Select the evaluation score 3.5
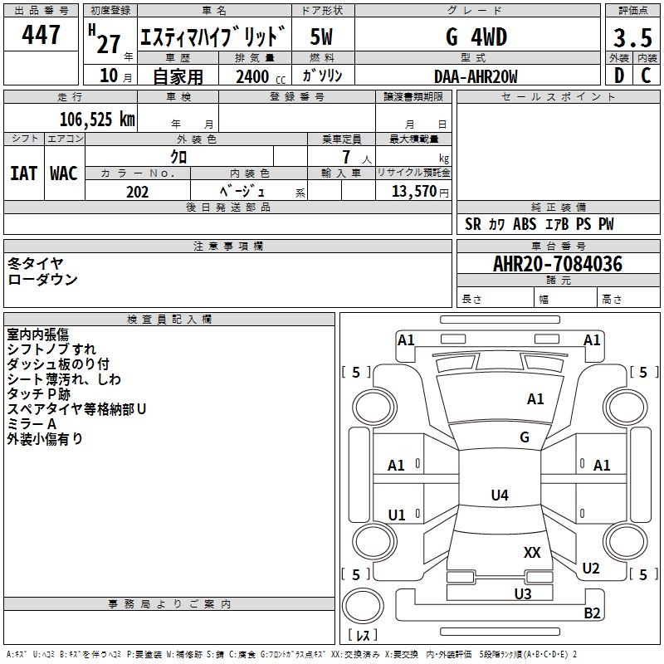click(x=632, y=38)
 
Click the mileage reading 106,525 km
click(x=97, y=120)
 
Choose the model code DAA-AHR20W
click(x=476, y=76)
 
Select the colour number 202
click(x=137, y=192)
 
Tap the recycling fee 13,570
click(x=413, y=192)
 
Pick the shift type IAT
click(x=23, y=173)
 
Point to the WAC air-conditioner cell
click(x=64, y=173)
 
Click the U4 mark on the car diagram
click(x=499, y=496)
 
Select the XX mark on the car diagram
click(x=532, y=552)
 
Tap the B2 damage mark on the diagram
click(x=592, y=613)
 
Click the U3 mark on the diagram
click(x=522, y=593)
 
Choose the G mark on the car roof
click(x=524, y=437)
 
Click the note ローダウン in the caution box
click(x=43, y=280)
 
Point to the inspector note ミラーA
click(x=32, y=424)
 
